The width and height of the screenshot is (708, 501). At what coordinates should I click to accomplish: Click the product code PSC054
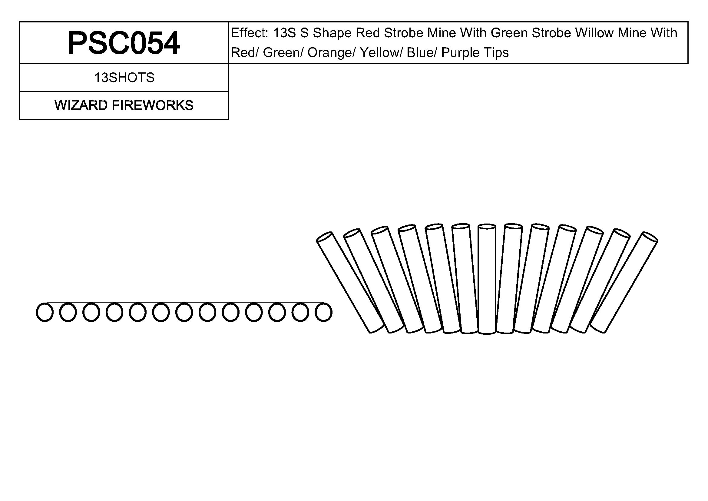[x=124, y=43]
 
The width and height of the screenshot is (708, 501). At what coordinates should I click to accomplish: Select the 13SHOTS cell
[x=124, y=78]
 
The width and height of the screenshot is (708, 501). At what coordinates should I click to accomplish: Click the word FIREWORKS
[x=153, y=105]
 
